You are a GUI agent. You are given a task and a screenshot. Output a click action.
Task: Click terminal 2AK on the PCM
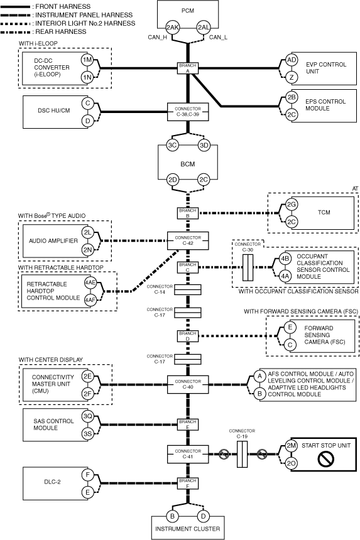172,28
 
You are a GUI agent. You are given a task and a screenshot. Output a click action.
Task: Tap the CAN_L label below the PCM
218,37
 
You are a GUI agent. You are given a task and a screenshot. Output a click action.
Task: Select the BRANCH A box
188,68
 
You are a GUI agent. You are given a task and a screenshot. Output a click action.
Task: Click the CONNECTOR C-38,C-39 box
188,112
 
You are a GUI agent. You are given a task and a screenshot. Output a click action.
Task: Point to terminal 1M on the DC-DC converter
87,60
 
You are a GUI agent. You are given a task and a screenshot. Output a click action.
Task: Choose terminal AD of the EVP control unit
292,60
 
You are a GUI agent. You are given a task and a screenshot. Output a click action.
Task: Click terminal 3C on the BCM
172,145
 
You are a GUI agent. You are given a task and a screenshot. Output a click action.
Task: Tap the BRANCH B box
188,213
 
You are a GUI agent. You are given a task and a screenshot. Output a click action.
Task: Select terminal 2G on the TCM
292,205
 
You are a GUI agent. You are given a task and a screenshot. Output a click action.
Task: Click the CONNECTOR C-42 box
188,240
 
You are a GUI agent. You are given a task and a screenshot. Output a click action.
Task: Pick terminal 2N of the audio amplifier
87,250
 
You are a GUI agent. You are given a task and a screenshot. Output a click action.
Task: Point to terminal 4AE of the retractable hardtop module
90,283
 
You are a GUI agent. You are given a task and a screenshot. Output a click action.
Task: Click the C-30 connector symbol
248,267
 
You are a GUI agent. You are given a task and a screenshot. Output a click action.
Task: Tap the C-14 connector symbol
187,289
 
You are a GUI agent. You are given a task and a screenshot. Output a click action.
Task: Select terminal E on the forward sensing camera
290,327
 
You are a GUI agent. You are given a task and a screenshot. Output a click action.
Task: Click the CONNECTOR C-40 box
188,384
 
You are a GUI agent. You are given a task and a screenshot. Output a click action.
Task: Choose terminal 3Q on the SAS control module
87,416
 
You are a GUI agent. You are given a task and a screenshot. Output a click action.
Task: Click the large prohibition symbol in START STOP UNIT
325,459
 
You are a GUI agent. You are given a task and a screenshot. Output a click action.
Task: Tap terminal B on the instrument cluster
172,516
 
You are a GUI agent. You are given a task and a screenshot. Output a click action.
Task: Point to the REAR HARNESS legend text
61,31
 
